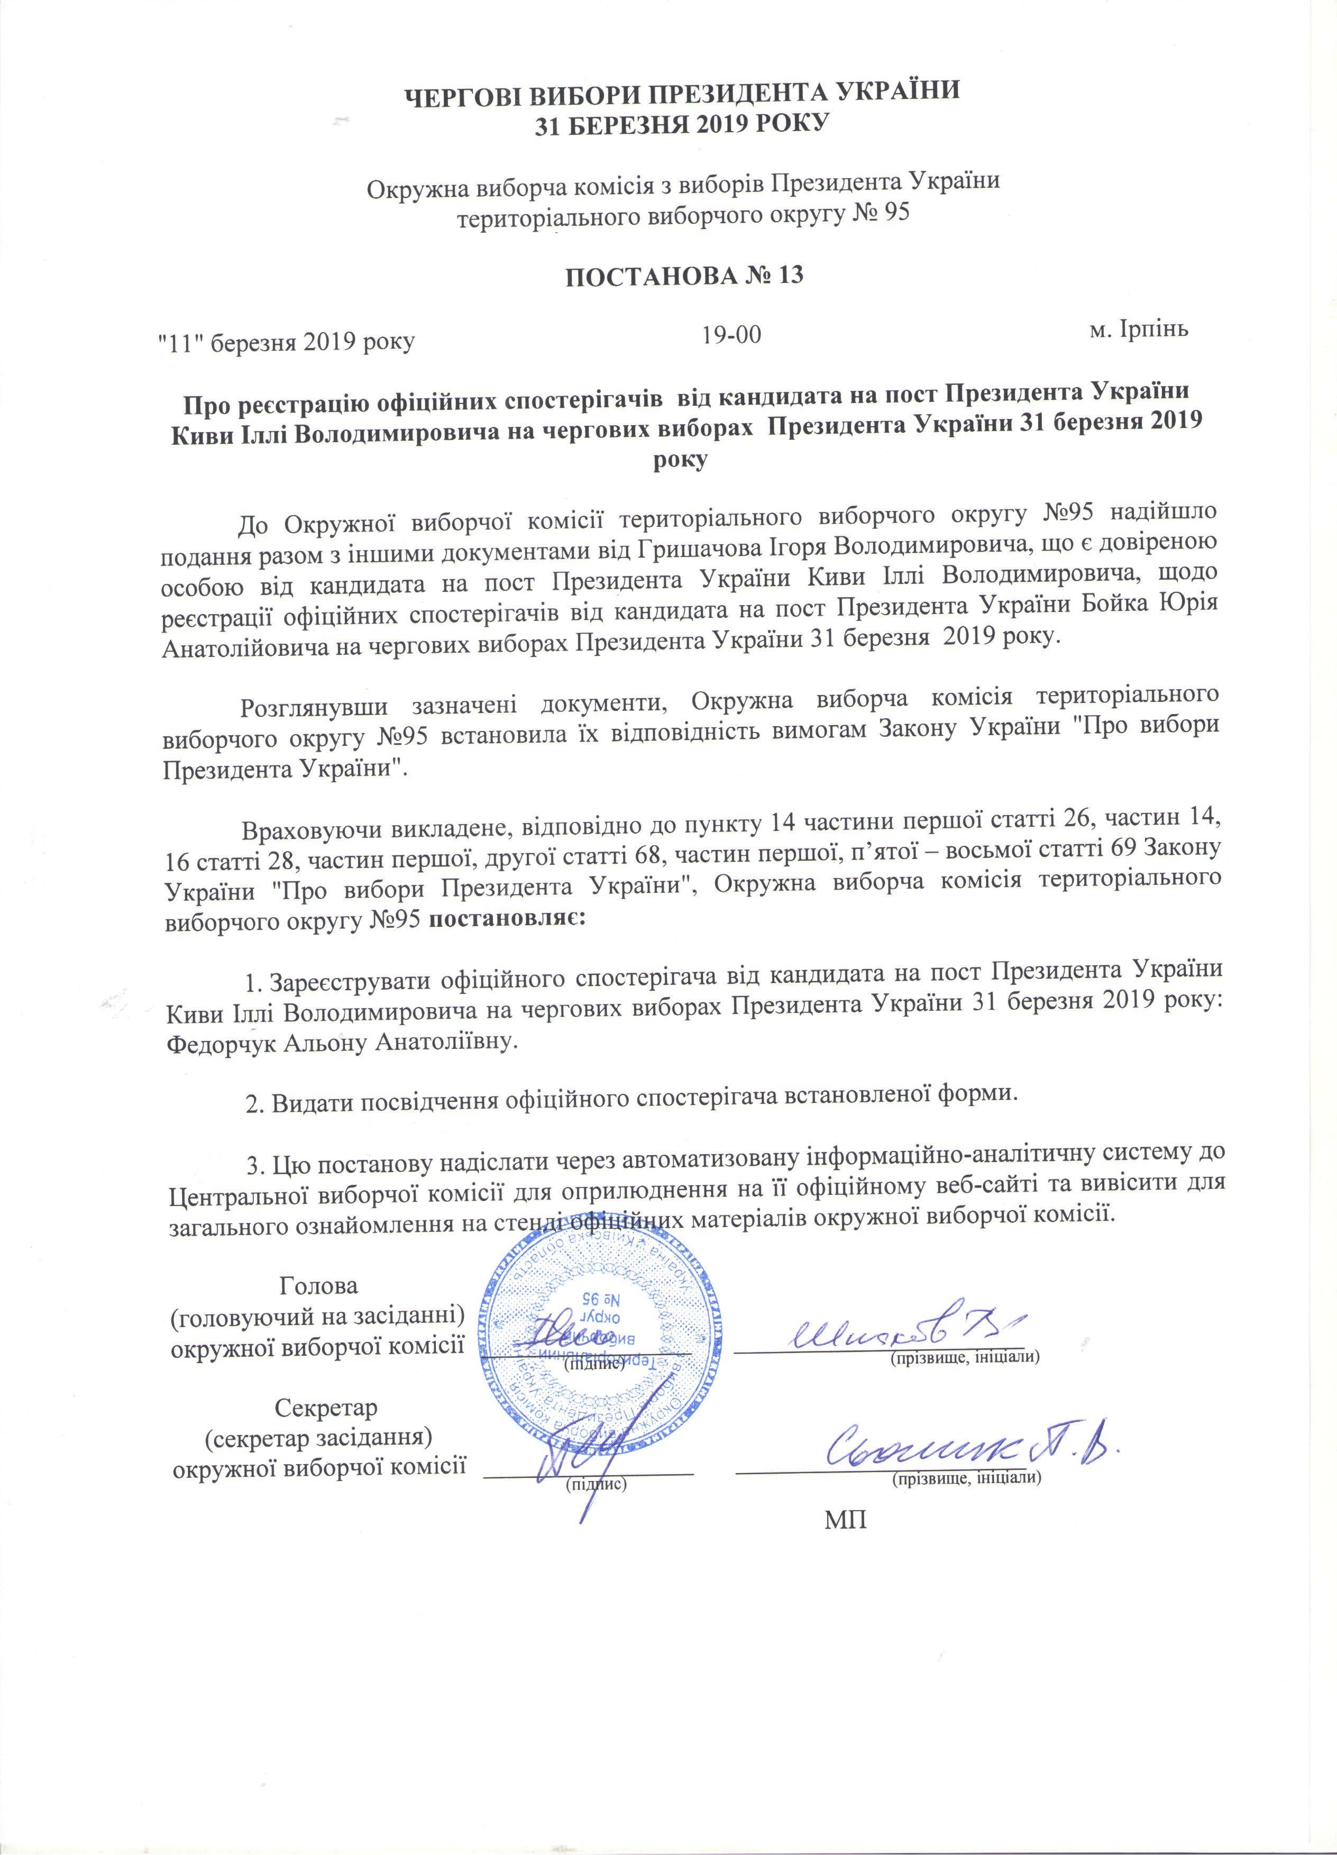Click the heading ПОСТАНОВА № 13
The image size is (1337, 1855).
point(684,276)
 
